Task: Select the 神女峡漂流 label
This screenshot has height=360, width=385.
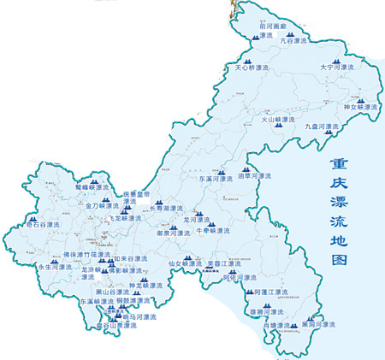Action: pyautogui.click(x=359, y=107)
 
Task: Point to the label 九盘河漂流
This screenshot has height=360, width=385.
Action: pyautogui.click(x=323, y=126)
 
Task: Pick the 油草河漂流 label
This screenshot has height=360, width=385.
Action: pyautogui.click(x=254, y=176)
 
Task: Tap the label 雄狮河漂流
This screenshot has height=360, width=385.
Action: pyautogui.click(x=273, y=312)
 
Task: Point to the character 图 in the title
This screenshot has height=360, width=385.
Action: pyautogui.click(x=337, y=257)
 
